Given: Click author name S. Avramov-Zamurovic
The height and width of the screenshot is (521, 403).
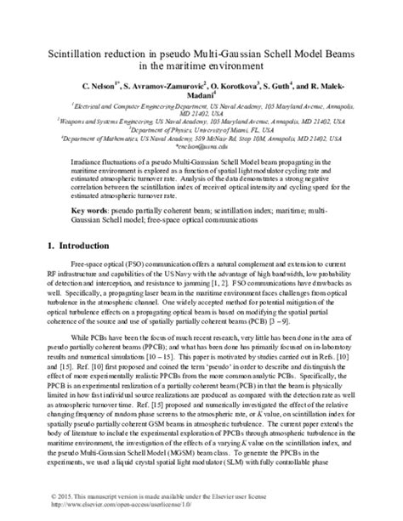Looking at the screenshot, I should coord(167,88).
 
